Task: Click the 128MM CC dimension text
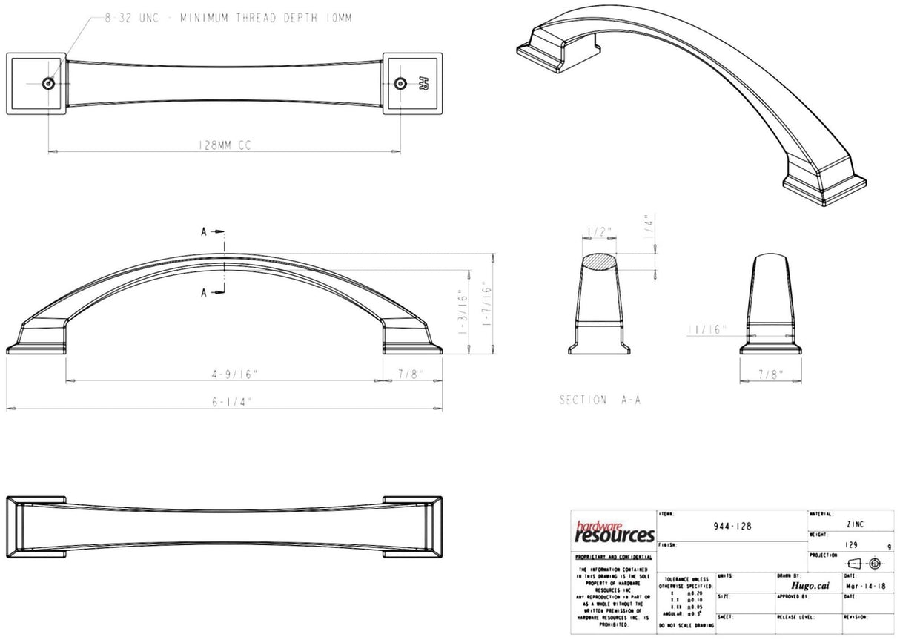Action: pyautogui.click(x=225, y=146)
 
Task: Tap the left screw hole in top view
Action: pyautogui.click(x=49, y=84)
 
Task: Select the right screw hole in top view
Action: pyautogui.click(x=401, y=83)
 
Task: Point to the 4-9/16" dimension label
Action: pyautogui.click(x=225, y=375)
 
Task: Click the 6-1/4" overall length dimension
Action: pyautogui.click(x=231, y=402)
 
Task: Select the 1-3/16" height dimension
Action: pyautogui.click(x=463, y=311)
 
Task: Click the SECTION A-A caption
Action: pyautogui.click(x=600, y=400)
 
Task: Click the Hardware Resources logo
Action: pyautogui.click(x=615, y=531)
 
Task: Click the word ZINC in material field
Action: pyautogui.click(x=854, y=524)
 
